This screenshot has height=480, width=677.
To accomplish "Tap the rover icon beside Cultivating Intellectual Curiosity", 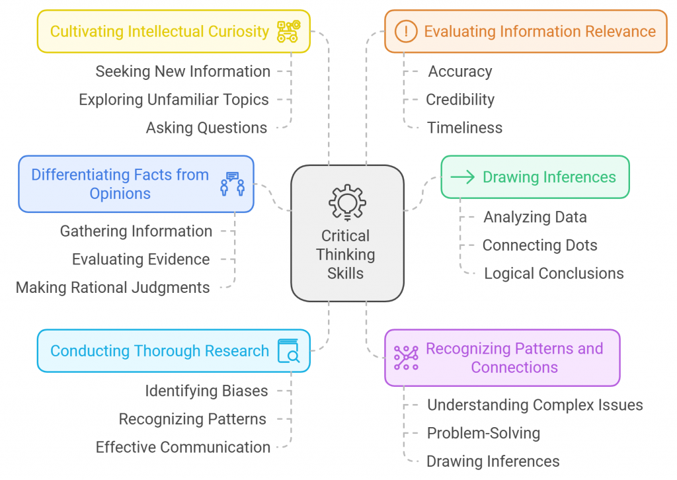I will point(288,31).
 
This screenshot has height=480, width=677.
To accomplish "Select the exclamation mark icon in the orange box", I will point(405,31).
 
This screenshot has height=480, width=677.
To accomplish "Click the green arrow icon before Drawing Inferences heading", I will point(462,177).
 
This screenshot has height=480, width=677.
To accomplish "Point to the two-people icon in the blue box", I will point(232,184).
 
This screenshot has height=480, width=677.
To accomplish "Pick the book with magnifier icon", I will point(289,351).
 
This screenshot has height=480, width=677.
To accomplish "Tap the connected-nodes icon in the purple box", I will point(406,358).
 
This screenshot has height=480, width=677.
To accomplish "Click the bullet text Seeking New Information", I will point(182,71).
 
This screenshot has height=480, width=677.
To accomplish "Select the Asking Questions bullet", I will point(206,128).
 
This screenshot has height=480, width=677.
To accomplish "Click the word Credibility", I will point(459,100).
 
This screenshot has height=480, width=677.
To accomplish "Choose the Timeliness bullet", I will point(464,128).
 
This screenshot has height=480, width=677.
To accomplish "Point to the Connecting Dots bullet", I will point(539,245).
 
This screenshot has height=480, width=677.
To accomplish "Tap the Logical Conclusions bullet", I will point(553,274).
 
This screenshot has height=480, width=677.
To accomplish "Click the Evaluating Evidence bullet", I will point(141,260).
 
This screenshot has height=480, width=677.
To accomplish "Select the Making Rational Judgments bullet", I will point(112,288).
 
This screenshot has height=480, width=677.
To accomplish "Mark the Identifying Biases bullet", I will point(206,391).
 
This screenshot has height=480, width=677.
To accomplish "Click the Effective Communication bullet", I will point(182,448).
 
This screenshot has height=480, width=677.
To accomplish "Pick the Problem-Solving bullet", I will point(483,433).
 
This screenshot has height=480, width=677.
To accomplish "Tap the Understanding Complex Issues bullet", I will point(534,405).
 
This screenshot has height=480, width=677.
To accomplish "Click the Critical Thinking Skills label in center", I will point(346,255).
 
